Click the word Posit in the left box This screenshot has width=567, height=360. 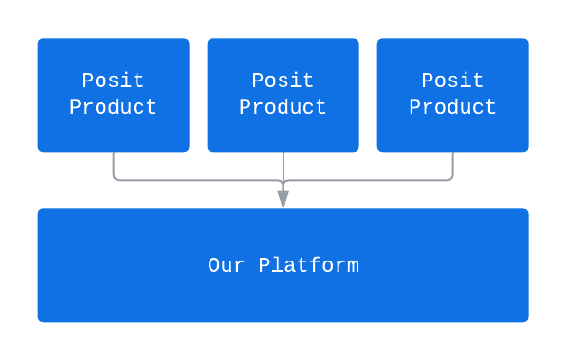113,81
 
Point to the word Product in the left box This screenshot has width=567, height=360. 113,108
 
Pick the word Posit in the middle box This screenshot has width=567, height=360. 283,81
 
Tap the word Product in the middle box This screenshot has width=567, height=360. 283,108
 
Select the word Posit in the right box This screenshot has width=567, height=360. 452,81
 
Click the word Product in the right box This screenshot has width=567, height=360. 452,108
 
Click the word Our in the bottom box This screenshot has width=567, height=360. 227,265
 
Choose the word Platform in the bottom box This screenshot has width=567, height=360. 308,265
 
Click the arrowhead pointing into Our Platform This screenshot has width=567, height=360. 283,199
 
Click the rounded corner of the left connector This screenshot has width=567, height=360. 116,177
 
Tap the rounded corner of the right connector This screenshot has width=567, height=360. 449,177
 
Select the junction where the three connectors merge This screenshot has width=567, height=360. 283,180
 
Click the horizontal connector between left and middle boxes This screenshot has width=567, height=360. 199,180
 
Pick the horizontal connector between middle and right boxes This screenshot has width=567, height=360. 368,180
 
